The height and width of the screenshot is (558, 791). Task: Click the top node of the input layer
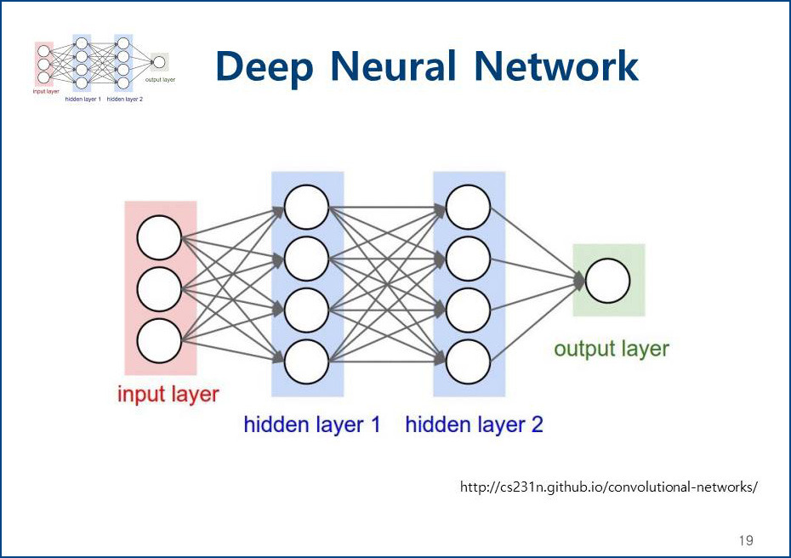[159, 237]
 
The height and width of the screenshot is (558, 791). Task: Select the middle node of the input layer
[159, 289]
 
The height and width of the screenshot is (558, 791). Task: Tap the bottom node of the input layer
[159, 341]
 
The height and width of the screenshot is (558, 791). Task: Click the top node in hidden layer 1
[307, 207]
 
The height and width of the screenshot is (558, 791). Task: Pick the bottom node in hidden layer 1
[307, 362]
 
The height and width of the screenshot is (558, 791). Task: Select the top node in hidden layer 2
[468, 207]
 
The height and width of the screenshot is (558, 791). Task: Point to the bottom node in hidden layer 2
[468, 362]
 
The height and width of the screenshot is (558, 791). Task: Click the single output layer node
[607, 281]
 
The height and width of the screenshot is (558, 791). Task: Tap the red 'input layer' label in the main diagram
[168, 395]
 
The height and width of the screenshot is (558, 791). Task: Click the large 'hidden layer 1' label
[312, 424]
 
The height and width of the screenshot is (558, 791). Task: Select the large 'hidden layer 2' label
[475, 424]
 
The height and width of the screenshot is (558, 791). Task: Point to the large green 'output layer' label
[612, 349]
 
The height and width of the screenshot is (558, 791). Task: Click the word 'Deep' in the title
[265, 67]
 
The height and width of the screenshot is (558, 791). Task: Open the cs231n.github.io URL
[608, 487]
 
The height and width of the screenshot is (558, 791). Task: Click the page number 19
[746, 540]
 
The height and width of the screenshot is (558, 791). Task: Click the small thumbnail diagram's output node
[159, 62]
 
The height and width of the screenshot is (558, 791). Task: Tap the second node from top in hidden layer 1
[307, 259]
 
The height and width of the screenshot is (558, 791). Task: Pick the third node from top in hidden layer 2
[468, 310]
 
